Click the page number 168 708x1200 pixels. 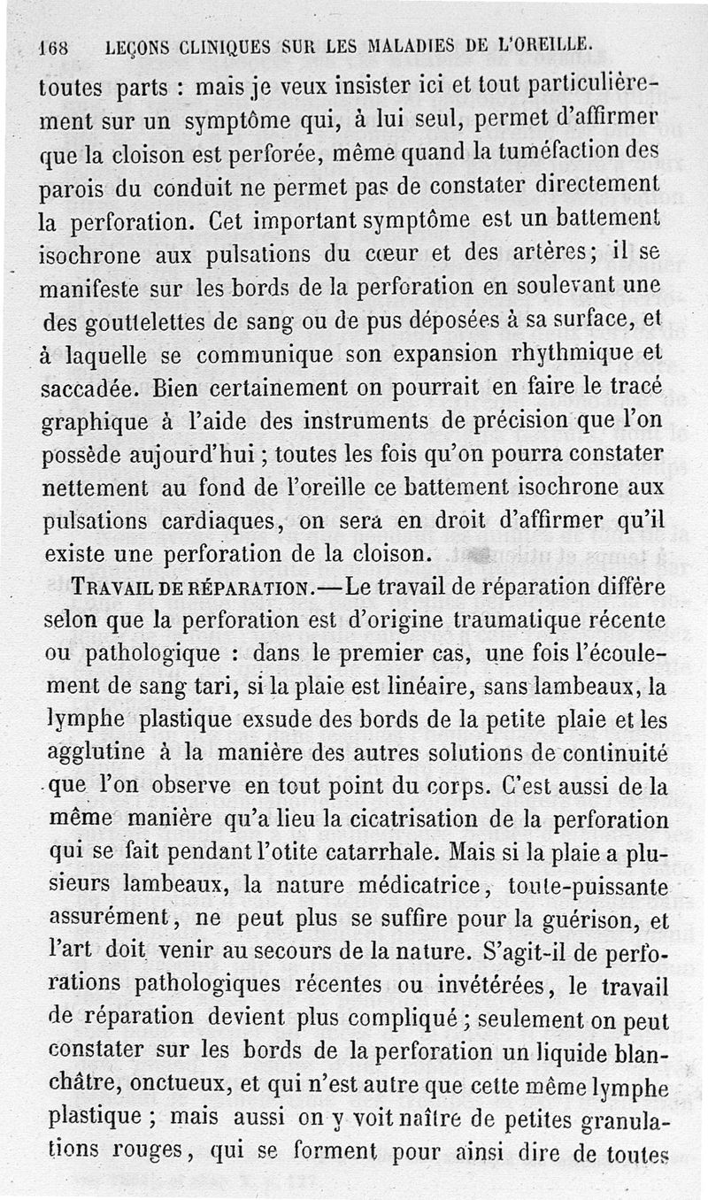coord(56,46)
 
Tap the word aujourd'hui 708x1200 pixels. coord(192,457)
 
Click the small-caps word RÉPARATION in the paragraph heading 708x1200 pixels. coord(250,588)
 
